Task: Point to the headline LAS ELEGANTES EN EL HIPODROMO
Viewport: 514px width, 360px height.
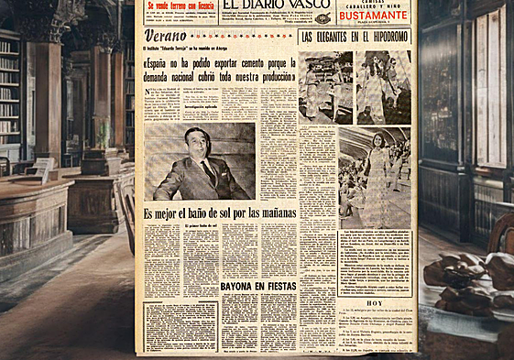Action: click(x=356, y=37)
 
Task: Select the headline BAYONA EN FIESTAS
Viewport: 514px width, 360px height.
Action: click(x=257, y=287)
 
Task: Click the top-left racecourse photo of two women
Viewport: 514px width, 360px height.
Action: click(x=325, y=87)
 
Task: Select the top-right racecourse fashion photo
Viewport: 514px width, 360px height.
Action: click(x=384, y=87)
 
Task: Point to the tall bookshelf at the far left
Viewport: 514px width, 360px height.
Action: click(x=9, y=92)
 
